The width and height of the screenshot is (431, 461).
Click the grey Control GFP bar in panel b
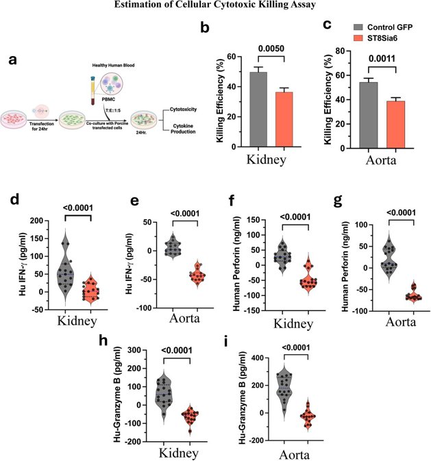pyautogui.click(x=239, y=109)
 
